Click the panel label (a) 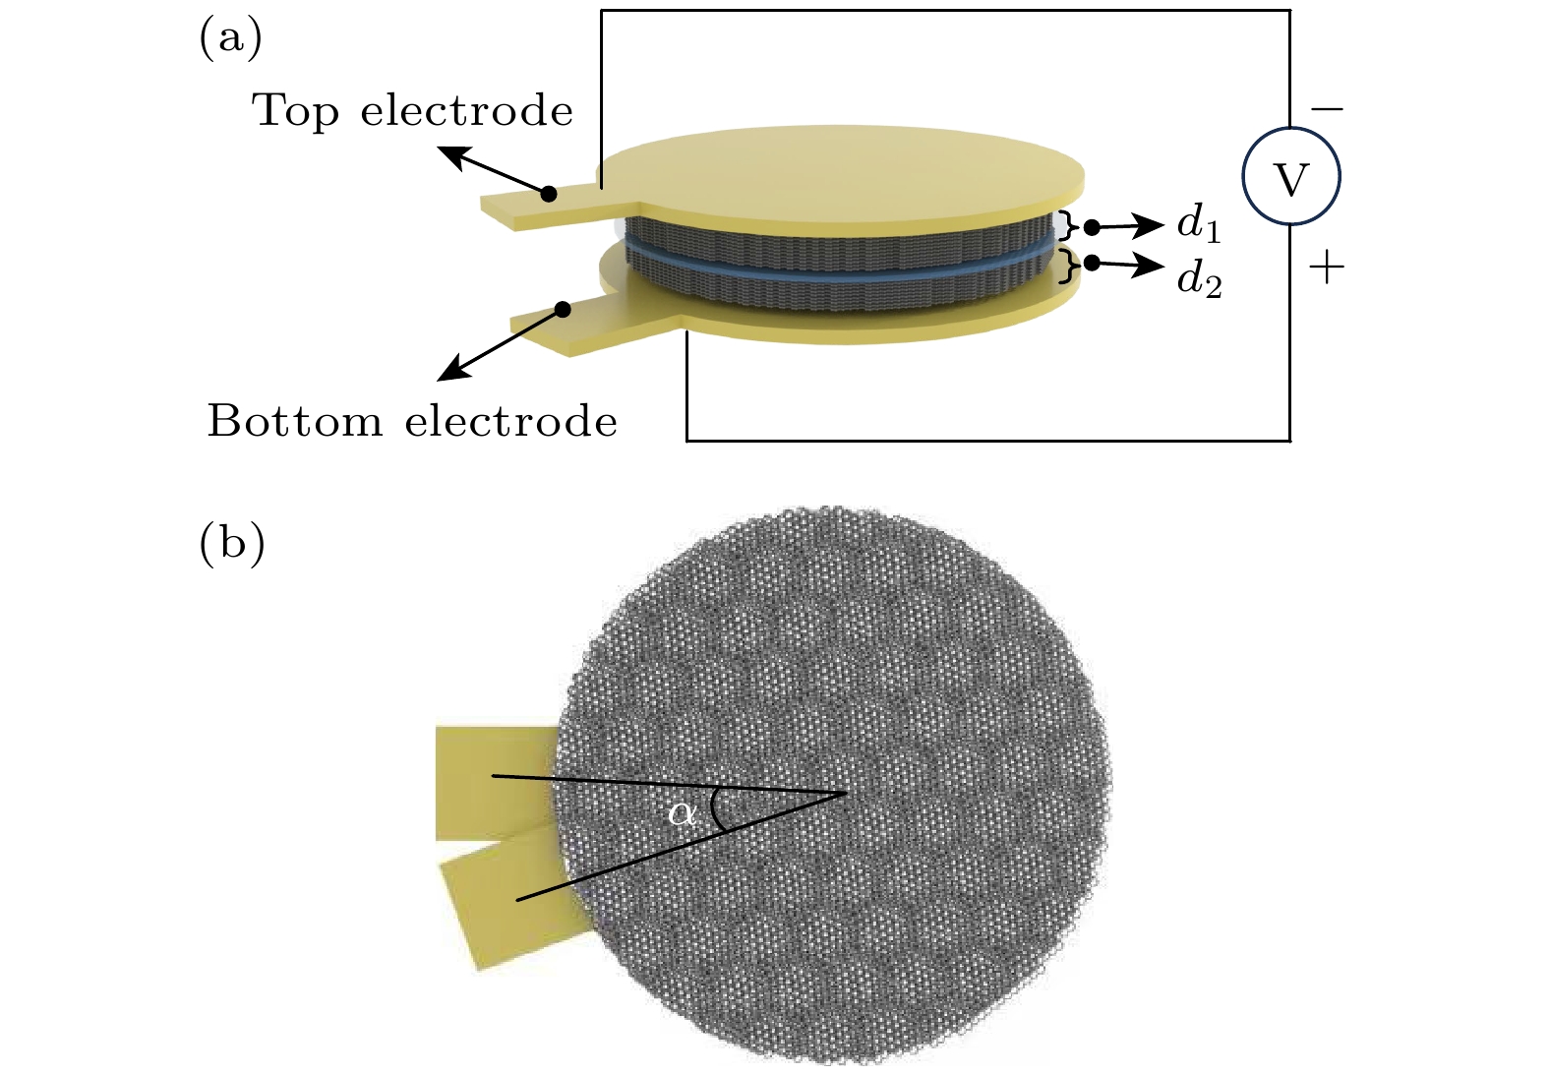tap(230, 39)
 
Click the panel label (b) tap(231, 543)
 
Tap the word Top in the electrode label tap(296, 110)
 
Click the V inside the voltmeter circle tap(1290, 179)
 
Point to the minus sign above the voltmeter tap(1327, 108)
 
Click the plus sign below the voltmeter tap(1327, 267)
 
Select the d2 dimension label tap(1199, 280)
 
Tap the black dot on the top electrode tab tap(549, 193)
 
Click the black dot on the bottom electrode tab tap(563, 310)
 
